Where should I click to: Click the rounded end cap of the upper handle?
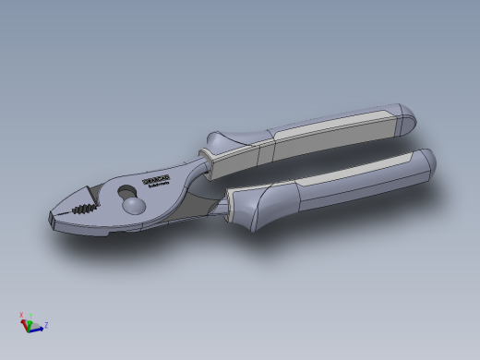click(404, 117)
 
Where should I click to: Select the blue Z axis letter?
click(46, 325)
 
